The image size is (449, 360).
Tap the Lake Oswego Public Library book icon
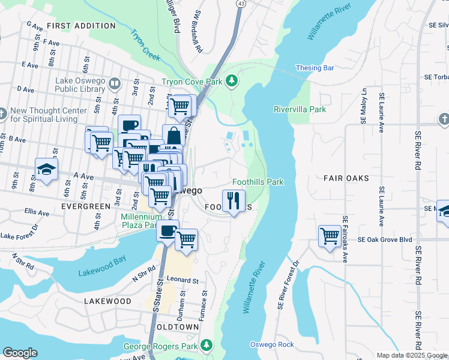115,84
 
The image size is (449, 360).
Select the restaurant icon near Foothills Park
233,200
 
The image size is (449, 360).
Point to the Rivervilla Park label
300,110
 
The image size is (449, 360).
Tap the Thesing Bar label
315,68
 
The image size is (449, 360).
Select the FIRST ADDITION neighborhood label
81,26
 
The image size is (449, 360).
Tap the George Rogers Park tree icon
206,346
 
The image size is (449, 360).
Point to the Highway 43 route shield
240,3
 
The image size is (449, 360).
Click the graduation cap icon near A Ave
46,169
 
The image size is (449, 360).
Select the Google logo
20,353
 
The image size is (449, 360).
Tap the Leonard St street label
182,280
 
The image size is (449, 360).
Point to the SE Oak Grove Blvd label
385,239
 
